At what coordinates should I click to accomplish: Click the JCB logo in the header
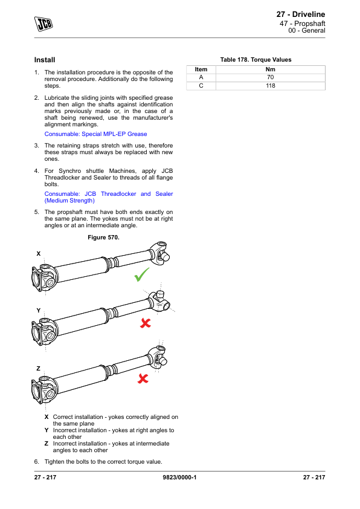43,24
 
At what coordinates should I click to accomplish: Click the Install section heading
45,60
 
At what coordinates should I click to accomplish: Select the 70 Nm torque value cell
271,77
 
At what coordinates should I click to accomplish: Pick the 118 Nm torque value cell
271,86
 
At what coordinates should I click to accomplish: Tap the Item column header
201,70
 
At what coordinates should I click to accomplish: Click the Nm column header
271,70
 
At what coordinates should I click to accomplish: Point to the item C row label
201,86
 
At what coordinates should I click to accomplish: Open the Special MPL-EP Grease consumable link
95,134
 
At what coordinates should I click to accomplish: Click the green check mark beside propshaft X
142,274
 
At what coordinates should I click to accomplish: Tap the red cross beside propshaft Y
146,323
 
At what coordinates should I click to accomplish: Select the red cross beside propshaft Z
143,378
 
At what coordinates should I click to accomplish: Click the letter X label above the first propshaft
39,254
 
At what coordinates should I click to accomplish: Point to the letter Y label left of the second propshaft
39,311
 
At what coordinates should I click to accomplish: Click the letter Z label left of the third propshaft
38,368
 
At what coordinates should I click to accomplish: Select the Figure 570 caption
103,238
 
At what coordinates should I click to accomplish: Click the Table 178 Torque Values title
256,60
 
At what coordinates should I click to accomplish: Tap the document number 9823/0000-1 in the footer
179,478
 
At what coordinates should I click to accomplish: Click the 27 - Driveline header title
301,15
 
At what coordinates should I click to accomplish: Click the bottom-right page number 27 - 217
314,478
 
